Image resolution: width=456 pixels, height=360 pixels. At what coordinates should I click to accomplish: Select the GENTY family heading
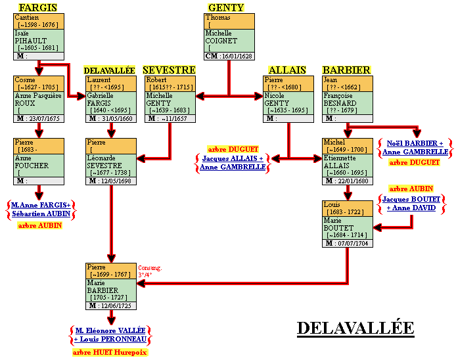[x=226, y=7]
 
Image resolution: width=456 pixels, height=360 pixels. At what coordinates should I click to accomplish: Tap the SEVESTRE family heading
[x=169, y=70]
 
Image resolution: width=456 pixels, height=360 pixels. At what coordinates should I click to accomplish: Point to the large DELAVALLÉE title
[x=355, y=327]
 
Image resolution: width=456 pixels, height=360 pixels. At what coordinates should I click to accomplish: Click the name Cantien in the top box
[x=27, y=17]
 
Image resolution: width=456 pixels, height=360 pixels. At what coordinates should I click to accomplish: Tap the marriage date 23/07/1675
[x=44, y=119]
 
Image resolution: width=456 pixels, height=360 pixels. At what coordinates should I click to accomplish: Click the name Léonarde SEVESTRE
[x=104, y=162]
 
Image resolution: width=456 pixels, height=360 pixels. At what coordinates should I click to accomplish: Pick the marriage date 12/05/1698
[x=116, y=181]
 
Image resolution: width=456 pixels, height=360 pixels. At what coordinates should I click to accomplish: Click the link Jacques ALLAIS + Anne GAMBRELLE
[x=233, y=163]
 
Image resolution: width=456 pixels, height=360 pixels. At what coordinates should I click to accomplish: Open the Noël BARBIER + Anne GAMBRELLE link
[x=414, y=147]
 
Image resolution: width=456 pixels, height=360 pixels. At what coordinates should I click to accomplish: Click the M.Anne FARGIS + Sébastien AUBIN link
[x=41, y=210]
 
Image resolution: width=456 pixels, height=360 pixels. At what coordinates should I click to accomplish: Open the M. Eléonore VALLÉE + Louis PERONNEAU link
[x=110, y=335]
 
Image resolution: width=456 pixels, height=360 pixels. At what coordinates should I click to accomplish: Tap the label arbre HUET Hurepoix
[x=110, y=352]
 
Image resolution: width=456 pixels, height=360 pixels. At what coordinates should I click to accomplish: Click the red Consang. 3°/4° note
[x=150, y=272]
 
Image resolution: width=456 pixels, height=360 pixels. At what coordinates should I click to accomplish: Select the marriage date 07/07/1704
[x=354, y=244]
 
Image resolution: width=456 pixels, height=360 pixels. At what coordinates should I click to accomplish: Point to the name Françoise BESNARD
[x=340, y=99]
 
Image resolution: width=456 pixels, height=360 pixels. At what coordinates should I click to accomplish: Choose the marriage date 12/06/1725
[x=116, y=305]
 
